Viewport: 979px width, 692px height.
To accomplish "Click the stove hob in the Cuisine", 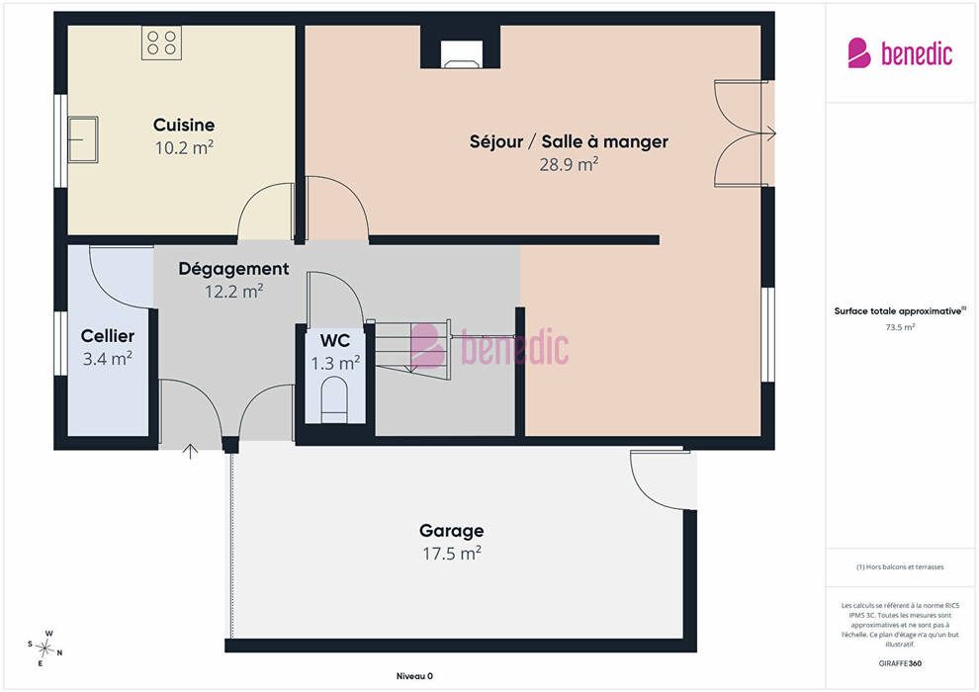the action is pyautogui.click(x=162, y=43).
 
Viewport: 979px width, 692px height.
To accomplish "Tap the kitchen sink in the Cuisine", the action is pyautogui.click(x=82, y=139).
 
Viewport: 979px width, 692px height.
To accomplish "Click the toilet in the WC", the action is pyautogui.click(x=333, y=400).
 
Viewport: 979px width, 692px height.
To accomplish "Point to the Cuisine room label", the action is pyautogui.click(x=184, y=125).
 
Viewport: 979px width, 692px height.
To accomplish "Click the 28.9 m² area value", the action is pyautogui.click(x=569, y=164).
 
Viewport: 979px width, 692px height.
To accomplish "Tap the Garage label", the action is pyautogui.click(x=451, y=531).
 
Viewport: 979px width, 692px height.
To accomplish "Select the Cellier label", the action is pyautogui.click(x=108, y=336).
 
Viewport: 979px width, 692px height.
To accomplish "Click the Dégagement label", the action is pyautogui.click(x=233, y=269).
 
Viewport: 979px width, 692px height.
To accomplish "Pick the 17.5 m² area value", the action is pyautogui.click(x=451, y=554).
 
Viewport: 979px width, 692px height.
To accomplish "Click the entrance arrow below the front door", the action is pyautogui.click(x=191, y=451).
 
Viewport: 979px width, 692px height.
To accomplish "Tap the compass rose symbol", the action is pyautogui.click(x=44, y=649).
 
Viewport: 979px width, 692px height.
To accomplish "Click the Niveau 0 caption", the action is pyautogui.click(x=414, y=676).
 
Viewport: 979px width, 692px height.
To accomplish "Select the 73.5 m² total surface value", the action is pyautogui.click(x=900, y=327).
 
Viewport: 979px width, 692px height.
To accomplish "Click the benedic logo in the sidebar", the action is pyautogui.click(x=900, y=53).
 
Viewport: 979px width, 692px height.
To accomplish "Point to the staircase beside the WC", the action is pyautogui.click(x=412, y=348).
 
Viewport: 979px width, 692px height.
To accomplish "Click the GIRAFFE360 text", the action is pyautogui.click(x=900, y=663).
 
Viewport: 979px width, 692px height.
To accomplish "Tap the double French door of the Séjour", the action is pyautogui.click(x=742, y=132).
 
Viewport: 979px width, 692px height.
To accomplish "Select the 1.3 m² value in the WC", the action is pyautogui.click(x=335, y=363).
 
